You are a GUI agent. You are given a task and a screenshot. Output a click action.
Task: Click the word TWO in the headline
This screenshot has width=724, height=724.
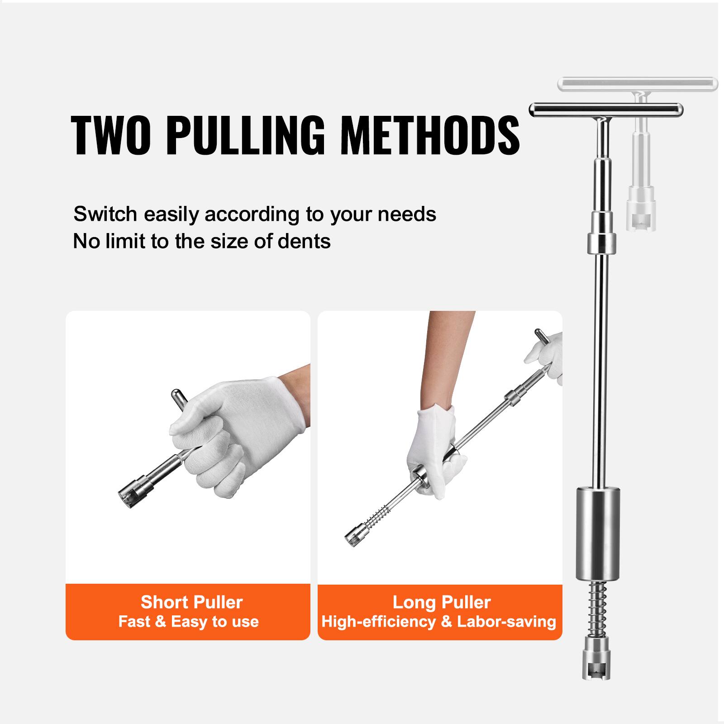pos(111,135)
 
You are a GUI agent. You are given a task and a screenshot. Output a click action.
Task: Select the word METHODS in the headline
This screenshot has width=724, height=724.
pos(430,135)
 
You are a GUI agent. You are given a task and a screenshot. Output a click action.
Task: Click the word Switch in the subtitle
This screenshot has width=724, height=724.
pos(105,214)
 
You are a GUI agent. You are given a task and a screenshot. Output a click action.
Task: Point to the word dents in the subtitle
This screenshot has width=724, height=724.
pos(304,241)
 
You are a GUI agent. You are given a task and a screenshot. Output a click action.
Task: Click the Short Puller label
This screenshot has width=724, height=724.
pos(191,602)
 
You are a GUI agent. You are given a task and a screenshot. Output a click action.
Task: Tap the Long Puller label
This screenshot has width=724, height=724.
pos(441,602)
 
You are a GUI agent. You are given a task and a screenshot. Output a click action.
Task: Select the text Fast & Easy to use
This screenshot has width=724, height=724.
pos(188,622)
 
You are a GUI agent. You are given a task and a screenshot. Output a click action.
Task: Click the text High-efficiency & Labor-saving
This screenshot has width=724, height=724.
pos(438,622)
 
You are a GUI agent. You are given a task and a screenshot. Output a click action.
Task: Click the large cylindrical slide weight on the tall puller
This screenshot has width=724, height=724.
pos(598,533)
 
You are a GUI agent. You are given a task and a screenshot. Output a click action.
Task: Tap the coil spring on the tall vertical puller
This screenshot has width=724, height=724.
pos(598,608)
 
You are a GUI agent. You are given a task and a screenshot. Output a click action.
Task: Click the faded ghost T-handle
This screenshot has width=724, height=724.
pos(637,84)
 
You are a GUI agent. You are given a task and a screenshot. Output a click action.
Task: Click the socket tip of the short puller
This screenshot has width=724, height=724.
pos(129,497)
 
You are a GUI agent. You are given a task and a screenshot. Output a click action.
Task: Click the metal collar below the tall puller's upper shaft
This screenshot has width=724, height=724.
pos(601,243)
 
